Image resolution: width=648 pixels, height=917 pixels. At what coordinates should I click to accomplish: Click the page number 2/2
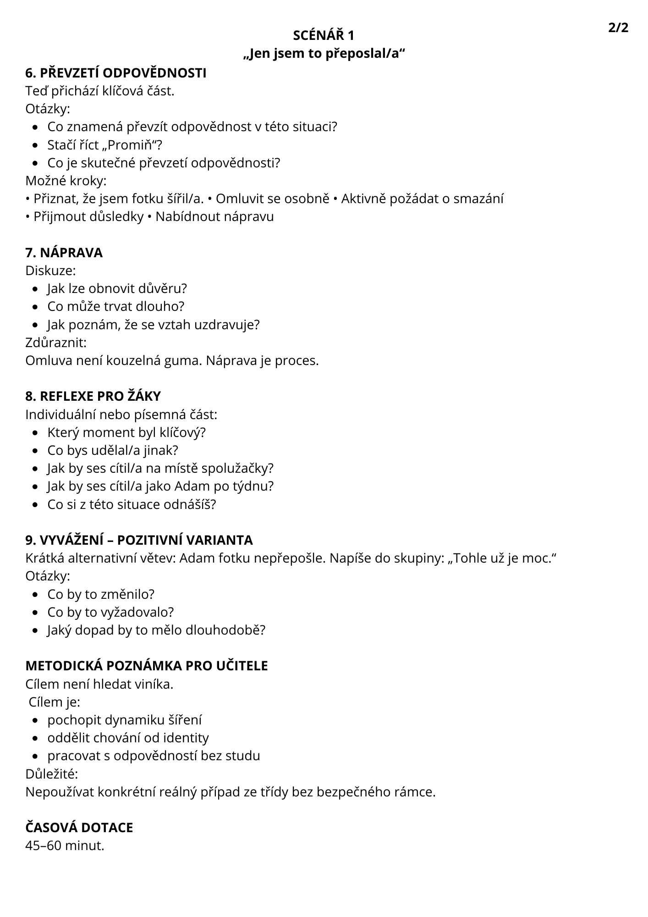click(x=618, y=28)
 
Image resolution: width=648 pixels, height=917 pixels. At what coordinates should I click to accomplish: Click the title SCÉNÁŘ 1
click(x=324, y=35)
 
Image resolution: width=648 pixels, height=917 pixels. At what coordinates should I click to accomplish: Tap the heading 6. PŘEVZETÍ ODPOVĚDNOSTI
click(x=116, y=73)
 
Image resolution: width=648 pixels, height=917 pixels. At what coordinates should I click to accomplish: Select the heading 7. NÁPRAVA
click(x=64, y=253)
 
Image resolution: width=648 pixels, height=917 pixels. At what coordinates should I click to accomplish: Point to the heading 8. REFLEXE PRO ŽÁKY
click(x=93, y=396)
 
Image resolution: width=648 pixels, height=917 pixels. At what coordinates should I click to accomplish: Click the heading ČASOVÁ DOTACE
click(x=79, y=828)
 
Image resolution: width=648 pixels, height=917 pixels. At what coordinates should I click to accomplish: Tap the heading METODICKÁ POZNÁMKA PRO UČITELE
click(x=147, y=666)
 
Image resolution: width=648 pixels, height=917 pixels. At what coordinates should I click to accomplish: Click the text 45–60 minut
click(x=65, y=845)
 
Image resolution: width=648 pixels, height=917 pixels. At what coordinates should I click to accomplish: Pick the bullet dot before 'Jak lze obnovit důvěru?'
click(x=36, y=289)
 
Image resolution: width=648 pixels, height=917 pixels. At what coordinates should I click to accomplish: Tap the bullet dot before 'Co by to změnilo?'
click(x=36, y=595)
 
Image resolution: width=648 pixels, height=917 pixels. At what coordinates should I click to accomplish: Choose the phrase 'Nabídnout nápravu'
click(x=214, y=216)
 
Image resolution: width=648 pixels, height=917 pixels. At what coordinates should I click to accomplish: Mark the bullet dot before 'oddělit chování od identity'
click(x=36, y=738)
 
